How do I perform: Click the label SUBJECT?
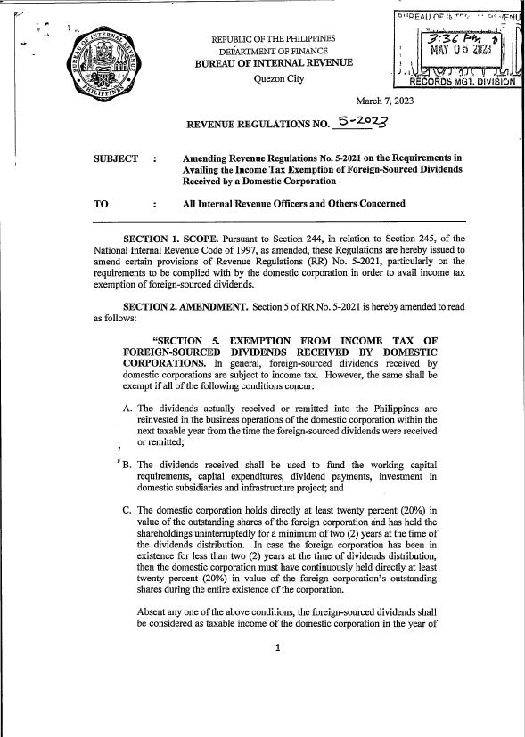116,158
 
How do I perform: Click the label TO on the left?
101,204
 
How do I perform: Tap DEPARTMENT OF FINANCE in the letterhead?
273,51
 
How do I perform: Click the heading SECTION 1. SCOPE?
169,239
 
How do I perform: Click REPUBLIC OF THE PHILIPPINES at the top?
273,39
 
